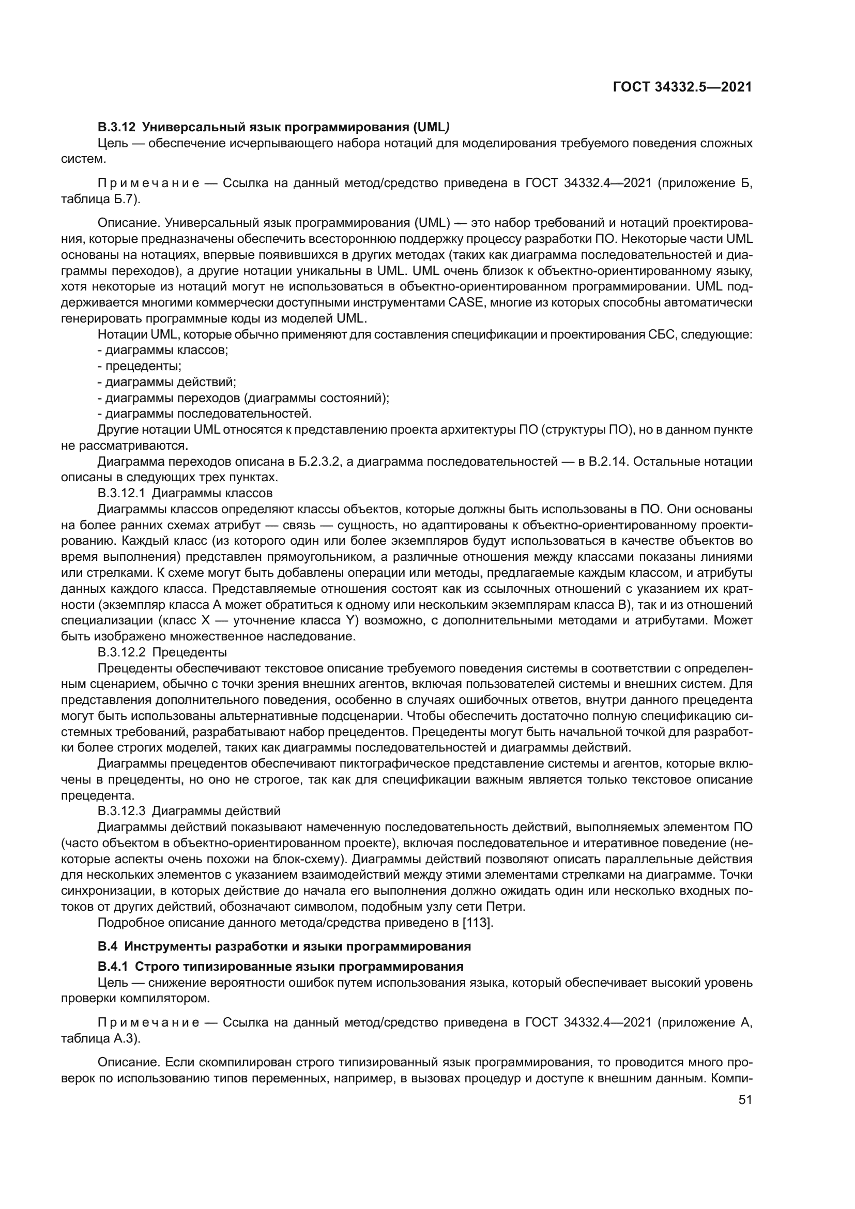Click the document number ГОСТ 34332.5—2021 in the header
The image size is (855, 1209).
682,87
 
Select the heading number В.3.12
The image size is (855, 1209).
117,127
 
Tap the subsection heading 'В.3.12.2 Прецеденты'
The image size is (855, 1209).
162,652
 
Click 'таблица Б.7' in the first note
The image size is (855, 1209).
98,200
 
